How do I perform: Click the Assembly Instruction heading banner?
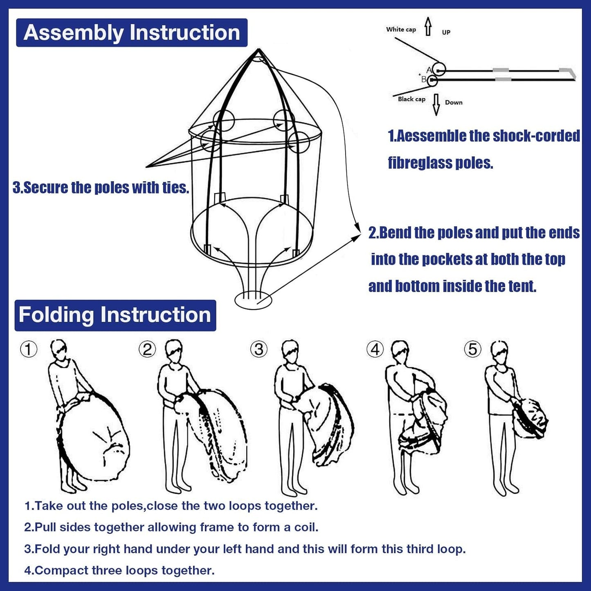(132, 33)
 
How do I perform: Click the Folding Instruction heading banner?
(115, 315)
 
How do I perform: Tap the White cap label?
(401, 29)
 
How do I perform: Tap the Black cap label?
(411, 99)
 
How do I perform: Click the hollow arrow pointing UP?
(428, 27)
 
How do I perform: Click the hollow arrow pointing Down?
(436, 105)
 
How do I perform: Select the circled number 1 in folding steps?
(29, 350)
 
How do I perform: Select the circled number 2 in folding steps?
(147, 350)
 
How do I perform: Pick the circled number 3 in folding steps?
(259, 350)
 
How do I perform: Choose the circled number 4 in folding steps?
(375, 350)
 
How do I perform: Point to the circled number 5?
(473, 350)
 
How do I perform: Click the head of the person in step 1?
(59, 349)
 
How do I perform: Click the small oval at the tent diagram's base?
(253, 300)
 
